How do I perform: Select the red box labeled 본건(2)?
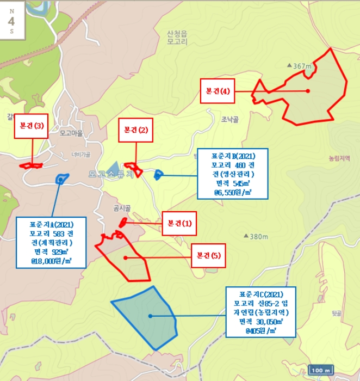(x=135, y=130)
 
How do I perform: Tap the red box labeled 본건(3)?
(x=31, y=126)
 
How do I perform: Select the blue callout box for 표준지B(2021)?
(x=233, y=172)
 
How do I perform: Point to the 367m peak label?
(x=301, y=66)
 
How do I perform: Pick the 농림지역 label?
(x=341, y=159)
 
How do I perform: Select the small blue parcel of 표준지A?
(x=61, y=178)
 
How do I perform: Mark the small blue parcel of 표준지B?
(x=158, y=175)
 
